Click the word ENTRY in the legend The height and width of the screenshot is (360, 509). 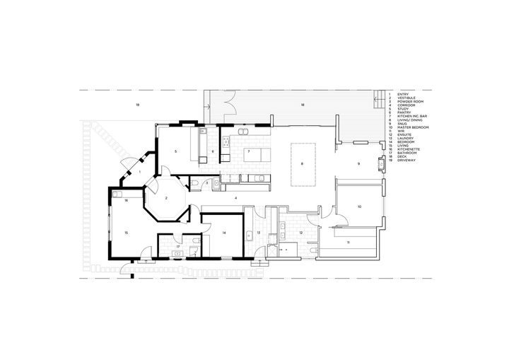(x=404, y=93)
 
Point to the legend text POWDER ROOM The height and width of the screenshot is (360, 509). (x=408, y=102)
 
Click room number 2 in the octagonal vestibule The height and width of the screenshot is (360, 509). (x=166, y=199)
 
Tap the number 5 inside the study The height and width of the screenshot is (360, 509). (x=175, y=151)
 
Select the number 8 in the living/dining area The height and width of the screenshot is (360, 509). (x=302, y=164)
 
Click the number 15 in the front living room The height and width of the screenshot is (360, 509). (x=127, y=232)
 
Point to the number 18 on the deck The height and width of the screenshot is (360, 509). (x=302, y=105)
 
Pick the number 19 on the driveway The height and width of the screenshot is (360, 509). (x=137, y=104)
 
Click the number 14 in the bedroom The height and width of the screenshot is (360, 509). (x=222, y=233)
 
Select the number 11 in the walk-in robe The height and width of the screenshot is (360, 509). (x=349, y=243)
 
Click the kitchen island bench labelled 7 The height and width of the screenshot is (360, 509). (x=253, y=153)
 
